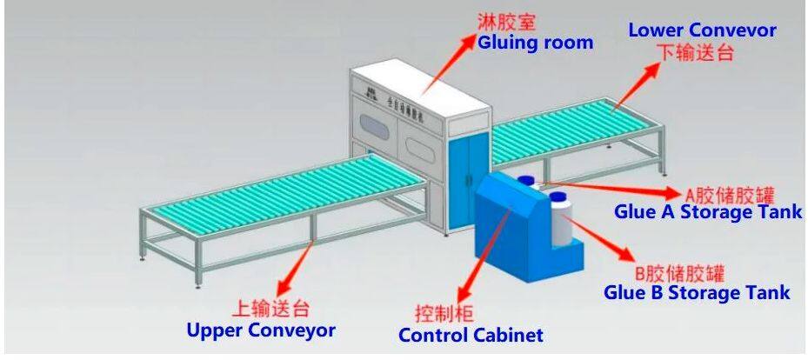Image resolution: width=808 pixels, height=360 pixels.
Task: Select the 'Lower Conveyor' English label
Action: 702,30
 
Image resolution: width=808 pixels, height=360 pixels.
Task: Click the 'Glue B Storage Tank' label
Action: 697,292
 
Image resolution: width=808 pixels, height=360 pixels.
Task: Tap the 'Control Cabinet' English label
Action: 471,334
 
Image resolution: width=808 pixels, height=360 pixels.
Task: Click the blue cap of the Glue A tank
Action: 525,180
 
